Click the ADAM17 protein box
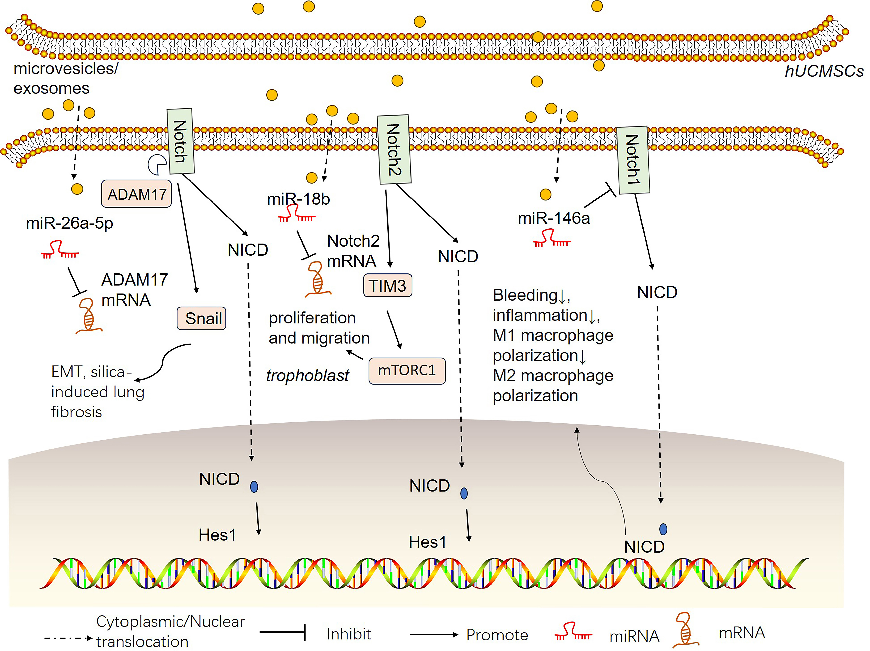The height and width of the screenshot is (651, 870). click(x=136, y=194)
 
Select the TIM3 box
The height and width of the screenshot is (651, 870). click(x=387, y=286)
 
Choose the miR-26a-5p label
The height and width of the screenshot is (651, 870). click(x=69, y=223)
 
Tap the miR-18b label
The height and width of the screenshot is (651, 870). click(x=298, y=199)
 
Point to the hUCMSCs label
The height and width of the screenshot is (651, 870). click(x=824, y=71)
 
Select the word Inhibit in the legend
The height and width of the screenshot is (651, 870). click(x=348, y=634)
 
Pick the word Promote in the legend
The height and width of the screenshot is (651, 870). click(x=497, y=635)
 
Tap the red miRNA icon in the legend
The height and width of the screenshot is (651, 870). click(x=573, y=631)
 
